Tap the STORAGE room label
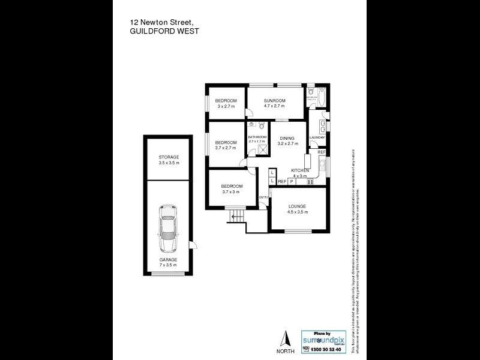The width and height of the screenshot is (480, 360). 169,157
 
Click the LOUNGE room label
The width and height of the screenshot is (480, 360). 297,206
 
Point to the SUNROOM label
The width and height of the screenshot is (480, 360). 274,100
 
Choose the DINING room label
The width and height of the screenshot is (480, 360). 288,139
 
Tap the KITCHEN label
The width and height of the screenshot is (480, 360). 300,170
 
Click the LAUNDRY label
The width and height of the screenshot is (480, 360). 317,137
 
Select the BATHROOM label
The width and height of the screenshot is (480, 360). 257,137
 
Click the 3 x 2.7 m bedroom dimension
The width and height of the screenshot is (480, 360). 226,106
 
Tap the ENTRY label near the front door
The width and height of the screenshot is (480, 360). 263,197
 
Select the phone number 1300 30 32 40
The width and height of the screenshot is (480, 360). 327,349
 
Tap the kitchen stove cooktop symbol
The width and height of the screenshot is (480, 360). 310,181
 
